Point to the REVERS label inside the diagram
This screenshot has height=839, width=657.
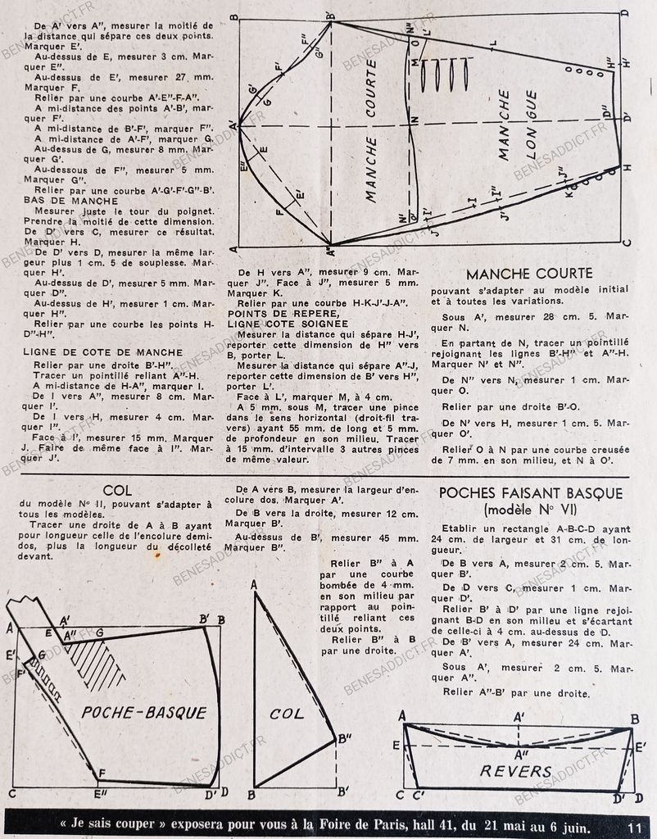pos(516,771)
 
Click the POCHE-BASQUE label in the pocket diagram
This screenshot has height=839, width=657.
pos(144,712)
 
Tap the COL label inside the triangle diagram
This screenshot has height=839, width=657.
pos(287,713)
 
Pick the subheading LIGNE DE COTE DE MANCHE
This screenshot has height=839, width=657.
pos(92,351)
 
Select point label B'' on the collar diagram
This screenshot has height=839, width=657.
pos(345,738)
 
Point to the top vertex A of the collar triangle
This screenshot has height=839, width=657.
pos(255,585)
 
